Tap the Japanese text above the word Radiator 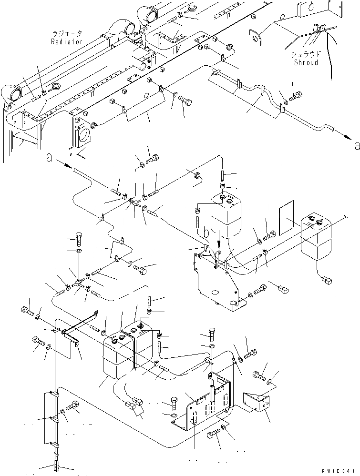tap(67, 34)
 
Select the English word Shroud tap(306, 62)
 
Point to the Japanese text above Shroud tap(306, 54)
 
